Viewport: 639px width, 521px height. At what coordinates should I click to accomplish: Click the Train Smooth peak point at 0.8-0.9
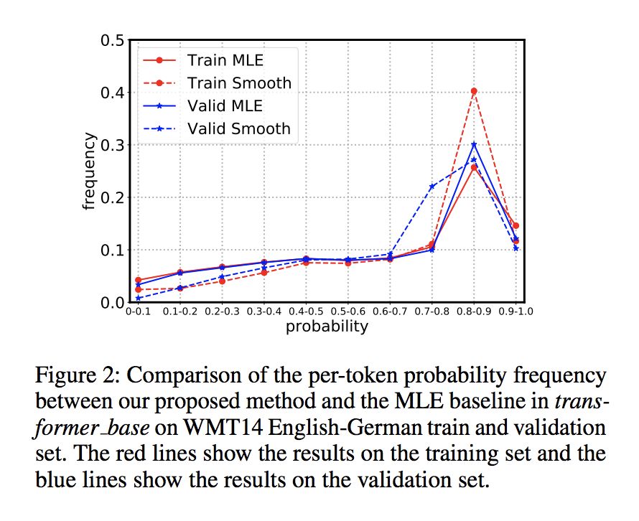tap(474, 91)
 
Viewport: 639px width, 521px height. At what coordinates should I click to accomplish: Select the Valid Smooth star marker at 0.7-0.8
tap(432, 187)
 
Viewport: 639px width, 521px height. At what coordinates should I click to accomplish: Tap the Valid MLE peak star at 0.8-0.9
tap(474, 144)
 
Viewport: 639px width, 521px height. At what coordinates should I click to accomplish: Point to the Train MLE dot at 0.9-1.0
tap(516, 225)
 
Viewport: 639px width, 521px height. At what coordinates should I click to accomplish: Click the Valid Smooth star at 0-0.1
tap(138, 298)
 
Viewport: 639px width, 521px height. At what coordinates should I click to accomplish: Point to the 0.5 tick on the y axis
tap(113, 40)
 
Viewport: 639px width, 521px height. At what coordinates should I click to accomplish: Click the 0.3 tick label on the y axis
tap(113, 145)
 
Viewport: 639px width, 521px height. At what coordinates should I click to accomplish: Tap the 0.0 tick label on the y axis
tap(113, 302)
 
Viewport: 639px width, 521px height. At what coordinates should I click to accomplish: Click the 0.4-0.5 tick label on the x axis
tap(306, 312)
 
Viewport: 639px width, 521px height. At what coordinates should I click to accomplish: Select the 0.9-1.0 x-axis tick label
tap(515, 312)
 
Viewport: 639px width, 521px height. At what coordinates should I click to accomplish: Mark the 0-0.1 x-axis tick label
tap(138, 312)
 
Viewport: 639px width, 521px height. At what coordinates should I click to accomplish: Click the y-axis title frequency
tap(89, 172)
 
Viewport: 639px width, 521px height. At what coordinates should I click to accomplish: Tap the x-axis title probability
tap(327, 327)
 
